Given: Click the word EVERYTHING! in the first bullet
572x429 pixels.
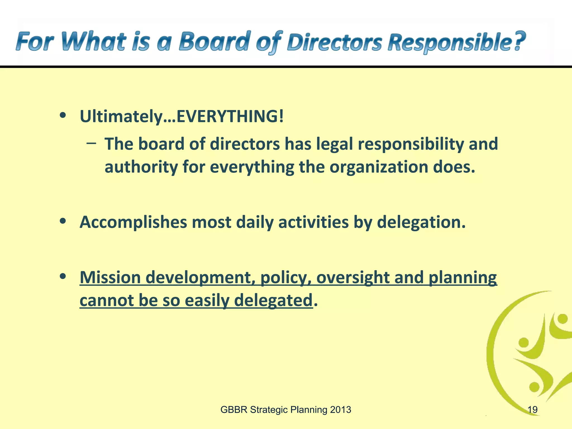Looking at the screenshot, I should (x=230, y=116).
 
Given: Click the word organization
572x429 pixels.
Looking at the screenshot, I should (x=378, y=167).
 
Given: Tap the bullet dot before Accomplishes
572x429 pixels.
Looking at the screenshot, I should (x=63, y=221).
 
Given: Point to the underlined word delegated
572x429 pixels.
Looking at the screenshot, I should (x=273, y=301).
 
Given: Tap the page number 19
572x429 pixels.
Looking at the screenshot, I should (x=532, y=410).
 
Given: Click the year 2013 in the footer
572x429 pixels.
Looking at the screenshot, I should (x=340, y=410).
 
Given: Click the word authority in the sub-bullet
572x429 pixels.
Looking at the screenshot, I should (x=141, y=167).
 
